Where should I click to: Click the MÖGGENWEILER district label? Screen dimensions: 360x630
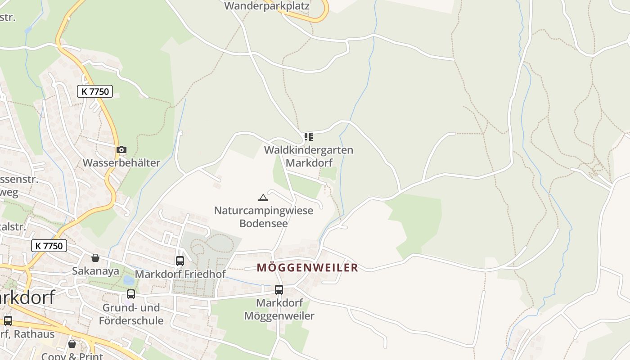[307, 268]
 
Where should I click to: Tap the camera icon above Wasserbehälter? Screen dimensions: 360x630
[121, 150]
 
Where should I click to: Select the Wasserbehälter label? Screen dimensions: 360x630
[121, 163]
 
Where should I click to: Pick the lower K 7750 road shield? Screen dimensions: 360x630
[49, 246]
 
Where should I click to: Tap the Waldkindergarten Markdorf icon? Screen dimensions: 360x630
[308, 137]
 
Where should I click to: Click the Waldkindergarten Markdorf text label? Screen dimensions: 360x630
[308, 156]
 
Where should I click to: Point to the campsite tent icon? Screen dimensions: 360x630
[263, 197]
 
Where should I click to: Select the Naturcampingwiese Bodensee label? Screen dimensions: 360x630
[263, 217]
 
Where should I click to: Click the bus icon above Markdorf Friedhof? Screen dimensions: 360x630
[180, 261]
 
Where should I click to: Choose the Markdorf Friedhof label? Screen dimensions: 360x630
[180, 274]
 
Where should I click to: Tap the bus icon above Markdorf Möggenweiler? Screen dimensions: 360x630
[279, 290]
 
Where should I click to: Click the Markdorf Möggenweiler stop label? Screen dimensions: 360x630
[279, 309]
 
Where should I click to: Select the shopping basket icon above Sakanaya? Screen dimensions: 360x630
[95, 258]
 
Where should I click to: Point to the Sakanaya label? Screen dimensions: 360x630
[95, 271]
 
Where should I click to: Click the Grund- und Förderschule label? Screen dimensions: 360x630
[131, 314]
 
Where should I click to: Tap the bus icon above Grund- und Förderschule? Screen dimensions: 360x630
[131, 294]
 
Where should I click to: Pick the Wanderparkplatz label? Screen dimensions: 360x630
[267, 6]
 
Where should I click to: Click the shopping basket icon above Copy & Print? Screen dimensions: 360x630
[72, 344]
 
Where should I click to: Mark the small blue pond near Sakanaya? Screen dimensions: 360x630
[129, 280]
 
